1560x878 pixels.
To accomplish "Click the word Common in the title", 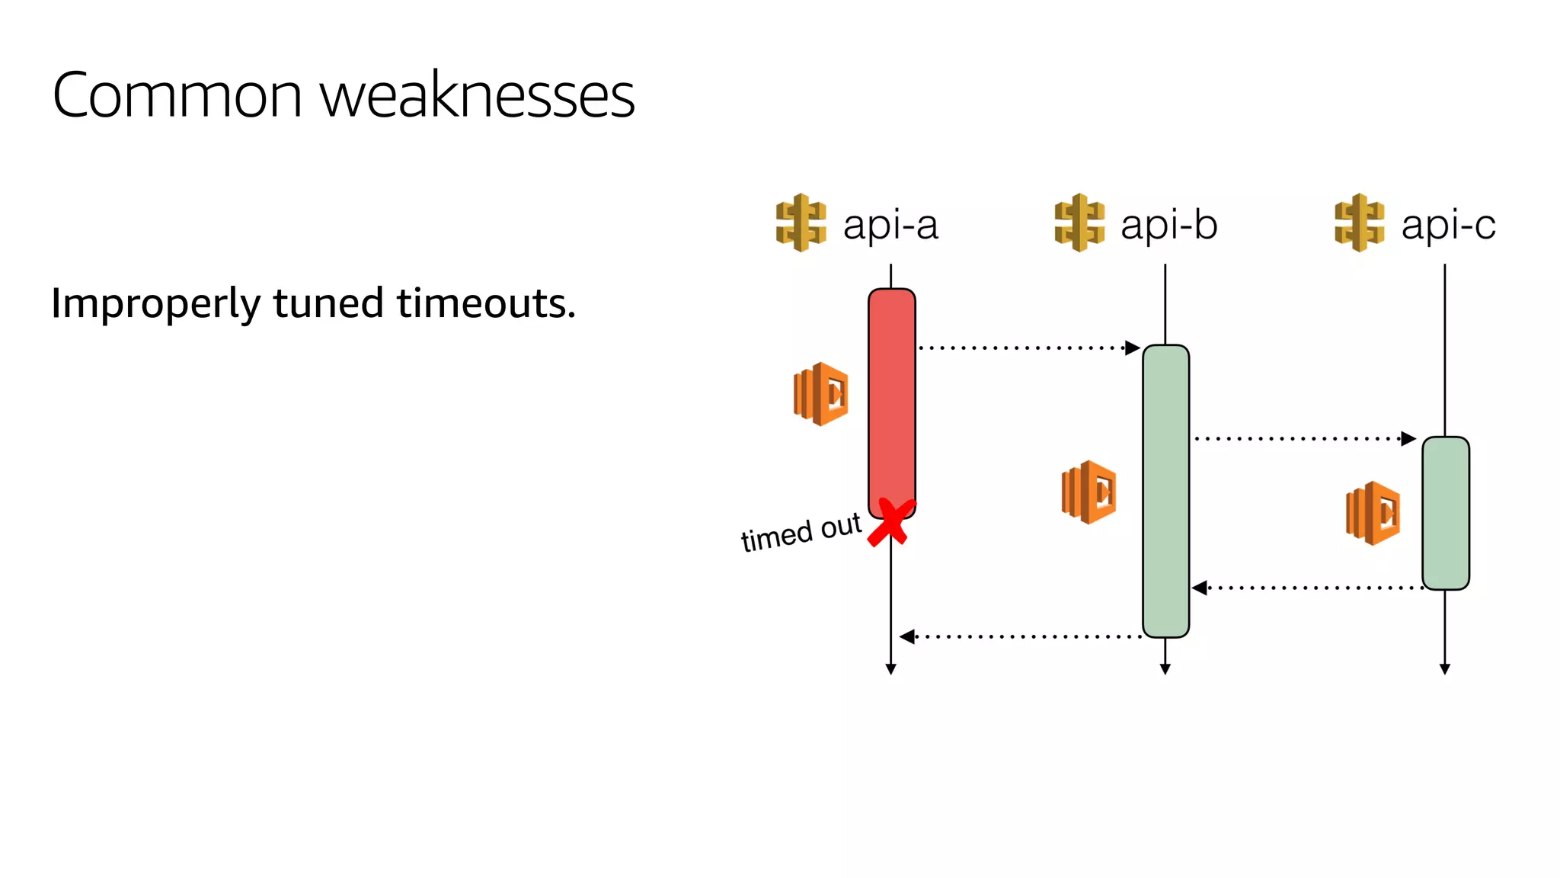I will point(177,96).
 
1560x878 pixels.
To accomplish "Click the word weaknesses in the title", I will point(477,96).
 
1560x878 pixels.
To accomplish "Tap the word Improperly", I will point(155,303).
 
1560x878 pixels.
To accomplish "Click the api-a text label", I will point(890,225).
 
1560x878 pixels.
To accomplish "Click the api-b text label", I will point(1168,225).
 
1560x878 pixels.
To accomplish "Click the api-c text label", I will point(1448,225).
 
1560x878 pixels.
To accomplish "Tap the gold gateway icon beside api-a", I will point(801,223).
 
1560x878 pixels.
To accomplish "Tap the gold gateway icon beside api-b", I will point(1079,223).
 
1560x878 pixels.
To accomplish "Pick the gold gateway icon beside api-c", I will point(1359,223).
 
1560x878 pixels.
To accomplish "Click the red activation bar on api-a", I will point(891,396).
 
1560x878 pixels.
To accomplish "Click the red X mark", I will point(890,523).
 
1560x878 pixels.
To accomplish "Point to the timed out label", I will point(801,532).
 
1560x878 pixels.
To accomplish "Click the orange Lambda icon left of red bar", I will point(820,394).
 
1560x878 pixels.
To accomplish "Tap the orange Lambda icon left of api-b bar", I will point(1088,492).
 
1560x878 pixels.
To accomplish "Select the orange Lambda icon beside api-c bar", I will point(1373,513).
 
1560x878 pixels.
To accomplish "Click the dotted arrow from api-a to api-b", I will point(1028,348).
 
